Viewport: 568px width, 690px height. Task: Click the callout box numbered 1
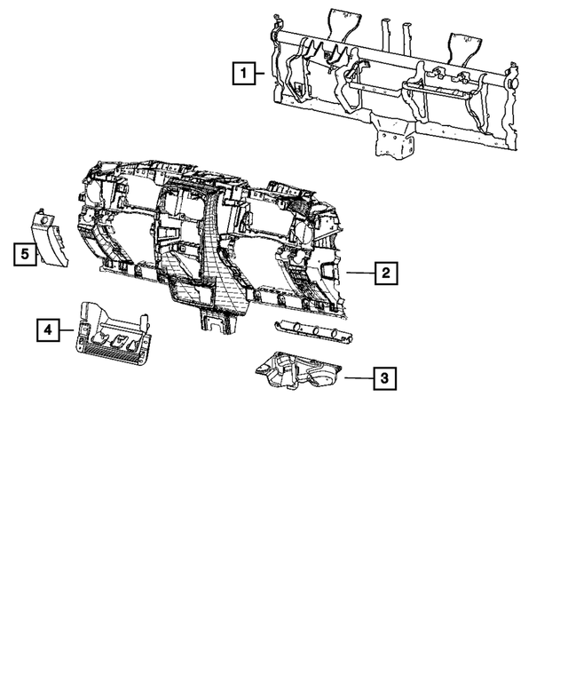tap(244, 73)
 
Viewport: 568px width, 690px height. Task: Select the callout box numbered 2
tap(385, 273)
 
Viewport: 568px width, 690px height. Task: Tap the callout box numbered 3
tap(384, 378)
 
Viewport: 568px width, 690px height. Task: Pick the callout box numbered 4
tap(48, 329)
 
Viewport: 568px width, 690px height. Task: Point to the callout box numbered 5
tap(25, 254)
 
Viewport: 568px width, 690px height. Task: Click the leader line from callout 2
tap(360, 273)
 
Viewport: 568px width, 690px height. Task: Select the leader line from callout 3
tap(359, 377)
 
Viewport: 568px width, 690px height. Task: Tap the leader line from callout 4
tap(67, 329)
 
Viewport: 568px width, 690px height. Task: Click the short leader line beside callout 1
tap(259, 73)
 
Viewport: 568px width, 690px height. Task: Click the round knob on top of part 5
tap(44, 219)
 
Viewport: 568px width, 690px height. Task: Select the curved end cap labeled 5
tap(49, 240)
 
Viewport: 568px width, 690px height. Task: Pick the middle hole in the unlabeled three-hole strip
tap(316, 331)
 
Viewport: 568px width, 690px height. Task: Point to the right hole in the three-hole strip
tap(335, 335)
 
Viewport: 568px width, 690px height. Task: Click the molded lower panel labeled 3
tap(298, 370)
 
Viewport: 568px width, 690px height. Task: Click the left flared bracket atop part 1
tap(343, 27)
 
